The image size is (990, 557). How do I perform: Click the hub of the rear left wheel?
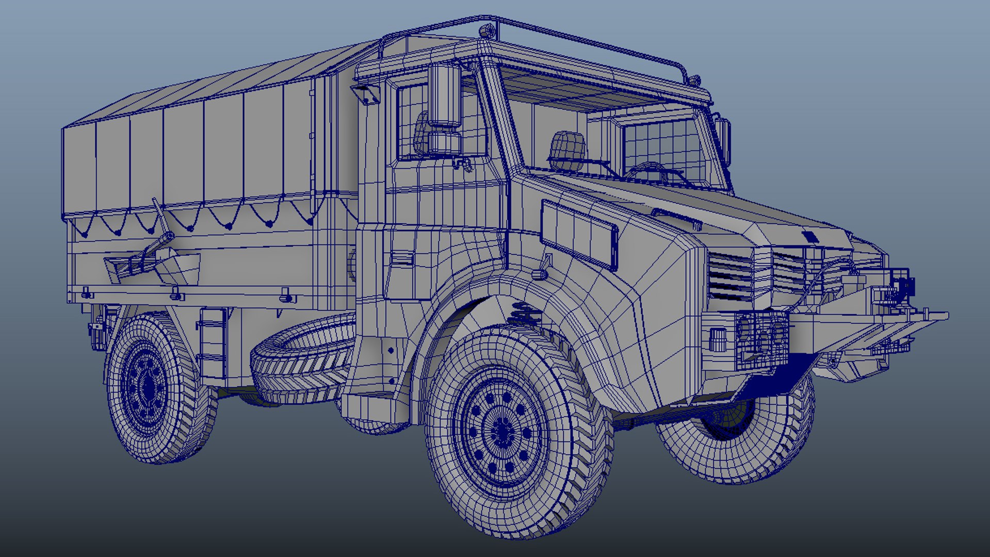pyautogui.click(x=148, y=386)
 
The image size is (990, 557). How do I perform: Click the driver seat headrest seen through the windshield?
pyautogui.click(x=567, y=144)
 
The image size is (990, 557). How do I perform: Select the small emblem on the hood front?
pyautogui.click(x=809, y=237)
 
